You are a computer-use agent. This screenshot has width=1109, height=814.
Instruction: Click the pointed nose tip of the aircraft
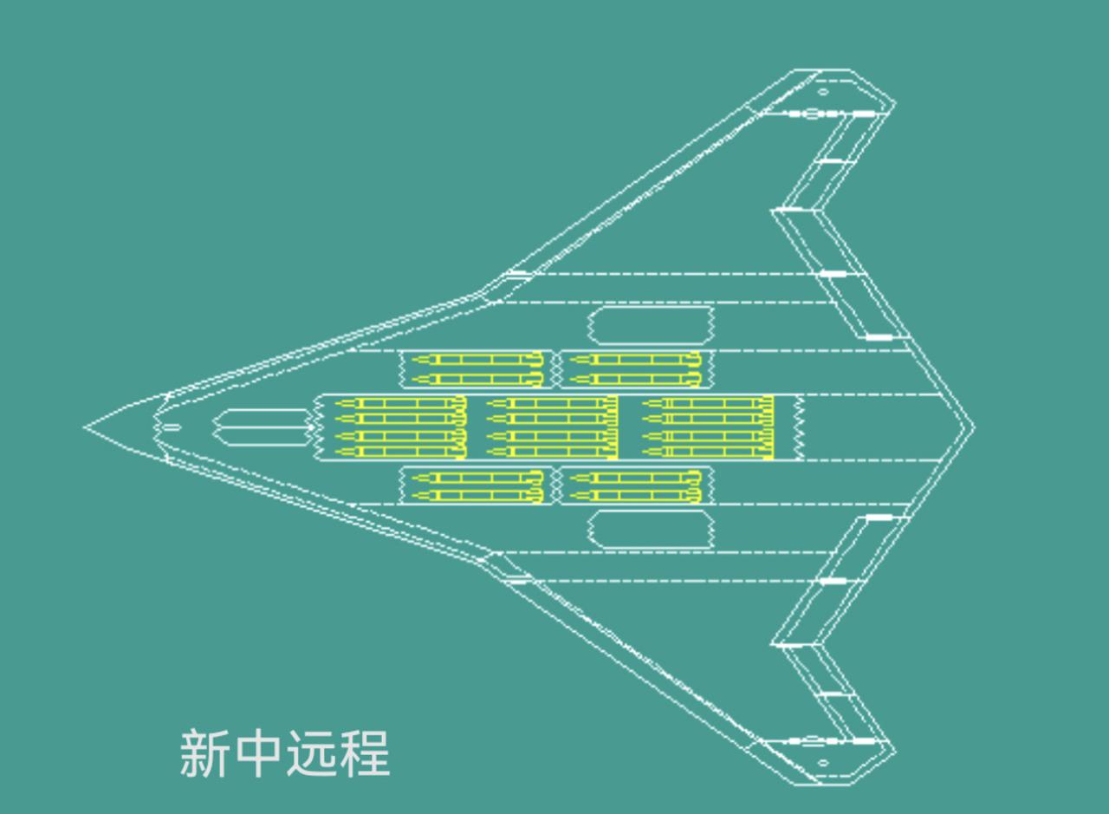click(86, 427)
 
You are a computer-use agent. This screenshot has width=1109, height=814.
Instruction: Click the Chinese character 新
click(204, 753)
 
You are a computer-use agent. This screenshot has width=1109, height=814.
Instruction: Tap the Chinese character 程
click(365, 753)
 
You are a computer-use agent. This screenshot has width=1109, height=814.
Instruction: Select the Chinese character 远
click(311, 753)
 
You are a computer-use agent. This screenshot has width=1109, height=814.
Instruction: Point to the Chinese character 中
click(258, 753)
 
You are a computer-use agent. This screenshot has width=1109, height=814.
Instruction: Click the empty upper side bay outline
click(651, 325)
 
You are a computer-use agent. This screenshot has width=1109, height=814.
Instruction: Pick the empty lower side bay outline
click(651, 529)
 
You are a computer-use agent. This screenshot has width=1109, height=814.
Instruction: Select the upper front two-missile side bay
click(476, 369)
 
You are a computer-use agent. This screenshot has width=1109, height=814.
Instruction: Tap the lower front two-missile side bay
click(476, 486)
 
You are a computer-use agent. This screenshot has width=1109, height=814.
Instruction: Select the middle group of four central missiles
click(552, 427)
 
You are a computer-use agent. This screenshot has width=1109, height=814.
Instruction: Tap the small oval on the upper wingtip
click(822, 91)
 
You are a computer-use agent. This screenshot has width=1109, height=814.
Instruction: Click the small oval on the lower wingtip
click(822, 764)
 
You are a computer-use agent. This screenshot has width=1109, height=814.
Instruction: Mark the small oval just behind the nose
click(172, 427)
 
